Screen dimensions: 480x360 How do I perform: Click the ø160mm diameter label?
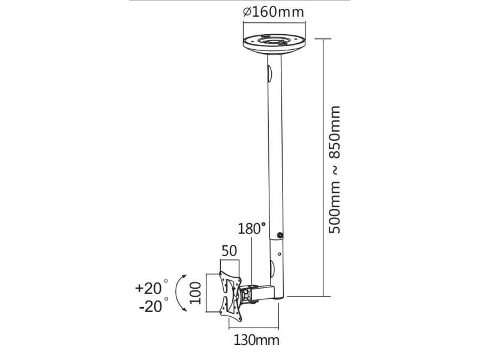point(274,12)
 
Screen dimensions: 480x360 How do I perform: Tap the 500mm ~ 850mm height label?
point(334,170)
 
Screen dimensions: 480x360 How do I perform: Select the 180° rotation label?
point(251,229)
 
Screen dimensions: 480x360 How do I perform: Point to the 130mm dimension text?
point(257,340)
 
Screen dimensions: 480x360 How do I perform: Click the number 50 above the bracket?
point(229,251)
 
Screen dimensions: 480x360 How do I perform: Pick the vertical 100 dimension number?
point(196,293)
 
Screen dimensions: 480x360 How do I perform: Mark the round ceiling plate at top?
point(274,44)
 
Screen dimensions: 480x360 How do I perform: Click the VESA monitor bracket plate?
point(230,296)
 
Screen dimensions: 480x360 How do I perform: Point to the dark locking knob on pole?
point(280,235)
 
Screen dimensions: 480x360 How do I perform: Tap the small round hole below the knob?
point(280,254)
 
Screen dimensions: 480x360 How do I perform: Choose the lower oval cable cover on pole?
point(272,268)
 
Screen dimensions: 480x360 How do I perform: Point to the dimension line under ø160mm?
point(274,22)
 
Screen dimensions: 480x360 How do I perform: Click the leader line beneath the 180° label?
point(251,260)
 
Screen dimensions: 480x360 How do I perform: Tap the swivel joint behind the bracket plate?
point(246,294)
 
